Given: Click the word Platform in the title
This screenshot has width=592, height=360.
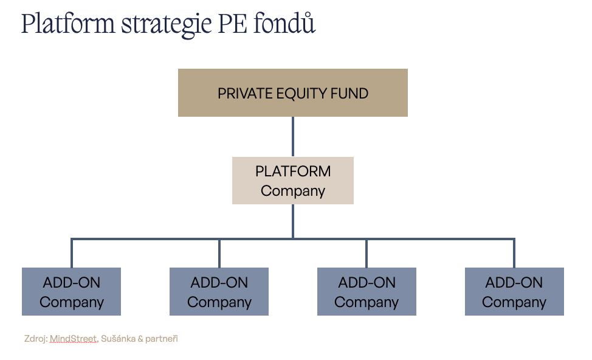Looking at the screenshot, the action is (x=68, y=24).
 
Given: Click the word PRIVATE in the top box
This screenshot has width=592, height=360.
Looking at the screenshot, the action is (x=246, y=93).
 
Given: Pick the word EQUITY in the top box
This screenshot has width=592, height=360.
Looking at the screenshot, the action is (x=301, y=94).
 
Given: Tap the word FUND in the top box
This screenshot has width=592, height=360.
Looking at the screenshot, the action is (x=349, y=93).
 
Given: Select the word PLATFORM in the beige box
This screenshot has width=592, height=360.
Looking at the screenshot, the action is (x=293, y=171).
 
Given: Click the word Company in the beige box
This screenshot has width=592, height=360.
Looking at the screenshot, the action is (x=293, y=191).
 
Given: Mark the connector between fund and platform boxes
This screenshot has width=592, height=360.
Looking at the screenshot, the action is (x=293, y=136).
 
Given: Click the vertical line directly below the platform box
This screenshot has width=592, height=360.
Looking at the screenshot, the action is (x=293, y=221).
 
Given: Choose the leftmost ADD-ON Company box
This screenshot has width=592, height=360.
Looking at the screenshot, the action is (x=71, y=292).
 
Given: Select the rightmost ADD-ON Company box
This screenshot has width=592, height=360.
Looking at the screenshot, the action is (x=514, y=292).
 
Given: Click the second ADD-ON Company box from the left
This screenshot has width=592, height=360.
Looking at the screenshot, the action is (x=219, y=292).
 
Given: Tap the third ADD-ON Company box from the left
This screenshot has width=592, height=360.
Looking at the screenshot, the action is (x=367, y=292).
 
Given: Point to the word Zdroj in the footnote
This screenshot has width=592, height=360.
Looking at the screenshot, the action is (x=36, y=339).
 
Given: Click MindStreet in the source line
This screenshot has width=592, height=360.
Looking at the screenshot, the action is (x=74, y=339).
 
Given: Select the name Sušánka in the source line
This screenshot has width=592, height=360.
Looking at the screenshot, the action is (x=118, y=339).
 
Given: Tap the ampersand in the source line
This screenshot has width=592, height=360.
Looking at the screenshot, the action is (x=140, y=339).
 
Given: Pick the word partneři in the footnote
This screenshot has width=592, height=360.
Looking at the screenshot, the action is (x=162, y=339).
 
